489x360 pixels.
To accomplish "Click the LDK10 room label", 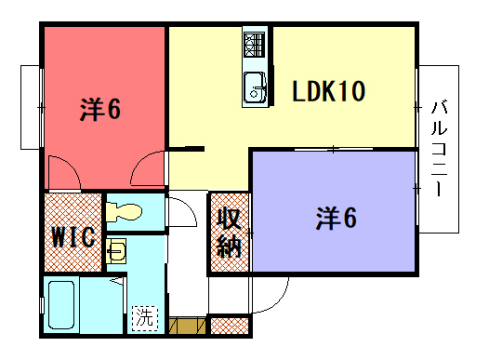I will point(328,93).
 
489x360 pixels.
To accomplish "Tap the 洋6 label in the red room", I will point(100,108).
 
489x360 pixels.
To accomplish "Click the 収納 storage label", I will point(229,231).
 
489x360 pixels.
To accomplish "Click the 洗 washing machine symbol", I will point(145,319).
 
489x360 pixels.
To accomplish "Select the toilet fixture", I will point(126,213).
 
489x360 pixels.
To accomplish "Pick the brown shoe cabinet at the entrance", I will point(186,326).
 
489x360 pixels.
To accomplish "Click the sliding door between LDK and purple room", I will point(333,150).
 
